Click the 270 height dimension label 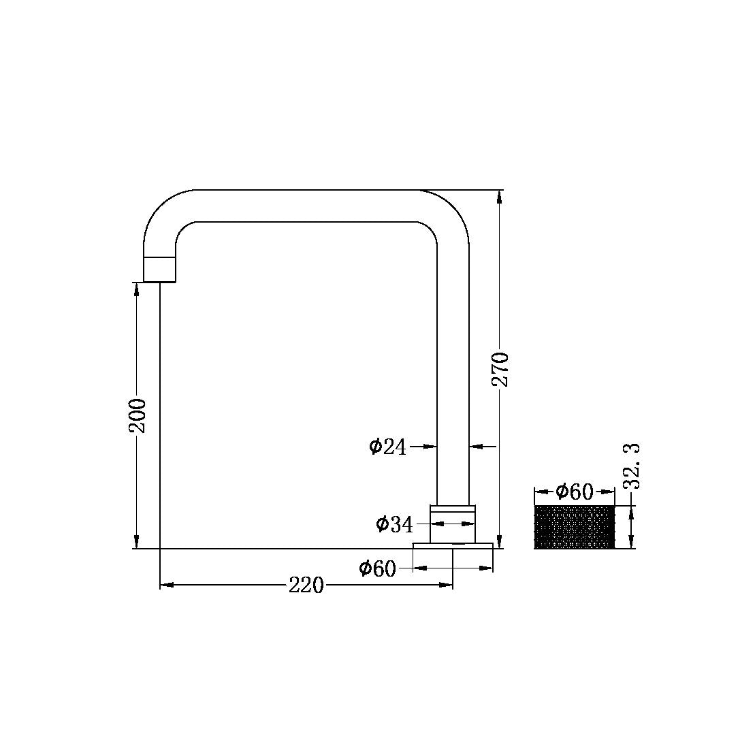point(500,368)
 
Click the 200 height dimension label point(138,415)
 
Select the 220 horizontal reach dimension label point(306,585)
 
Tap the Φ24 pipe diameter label point(387,447)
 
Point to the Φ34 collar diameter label point(394,524)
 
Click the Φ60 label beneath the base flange point(377,568)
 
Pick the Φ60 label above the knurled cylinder point(574,492)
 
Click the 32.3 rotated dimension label point(632,466)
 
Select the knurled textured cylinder point(575,528)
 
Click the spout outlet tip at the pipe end point(160,270)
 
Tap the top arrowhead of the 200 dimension point(137,289)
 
